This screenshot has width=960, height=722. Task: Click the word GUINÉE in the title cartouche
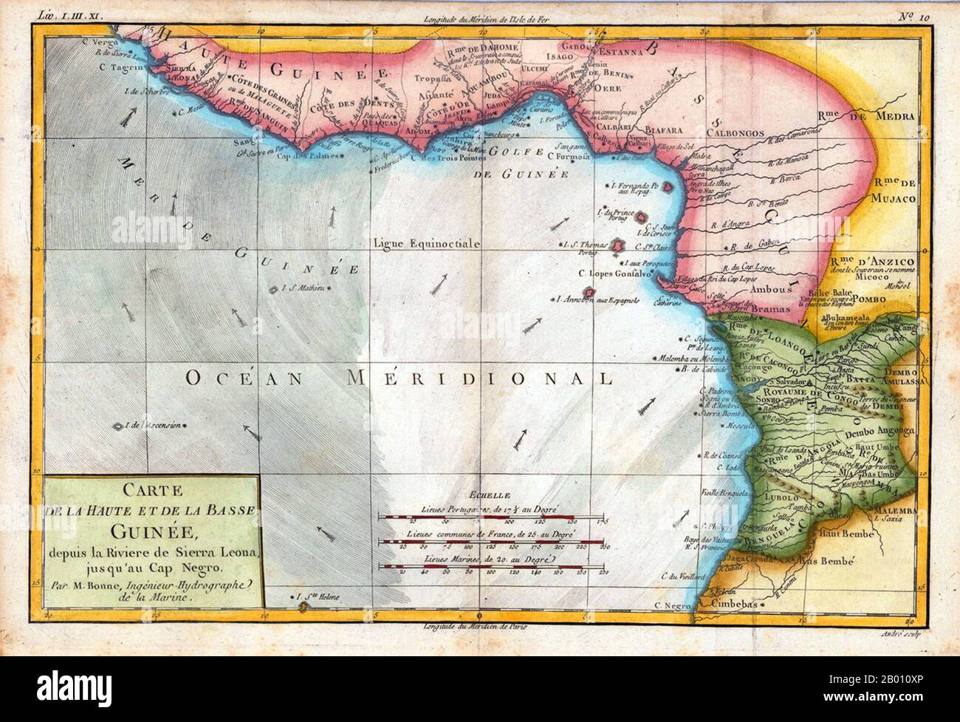click(x=150, y=530)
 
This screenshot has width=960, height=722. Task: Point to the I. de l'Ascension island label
click(x=155, y=426)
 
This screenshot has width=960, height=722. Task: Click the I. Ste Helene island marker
click(x=301, y=607)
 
